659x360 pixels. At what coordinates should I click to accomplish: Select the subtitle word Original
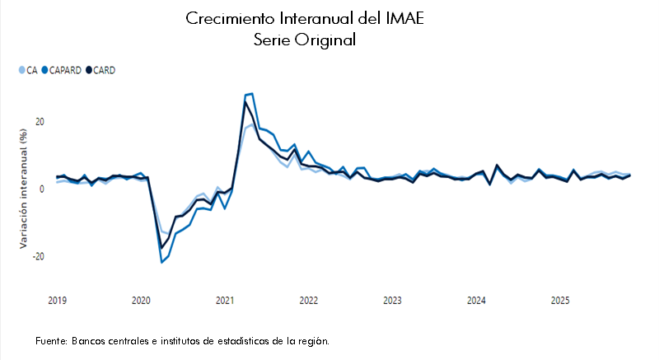(326, 40)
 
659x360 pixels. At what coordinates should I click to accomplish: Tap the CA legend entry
(30, 70)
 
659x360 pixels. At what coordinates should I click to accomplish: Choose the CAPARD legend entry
(65, 70)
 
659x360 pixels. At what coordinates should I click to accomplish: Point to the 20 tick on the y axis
(40, 122)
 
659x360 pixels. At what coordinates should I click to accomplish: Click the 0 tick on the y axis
(42, 189)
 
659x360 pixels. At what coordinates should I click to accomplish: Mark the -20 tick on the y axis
(38, 256)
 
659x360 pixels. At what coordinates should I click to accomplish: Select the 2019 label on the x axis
(57, 301)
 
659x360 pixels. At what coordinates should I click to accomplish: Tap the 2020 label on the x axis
(141, 301)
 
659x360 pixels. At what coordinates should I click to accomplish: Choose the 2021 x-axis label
(225, 301)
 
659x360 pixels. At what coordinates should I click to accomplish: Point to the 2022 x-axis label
(309, 301)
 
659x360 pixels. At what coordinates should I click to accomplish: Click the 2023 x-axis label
(392, 301)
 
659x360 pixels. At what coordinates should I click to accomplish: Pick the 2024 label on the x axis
(476, 301)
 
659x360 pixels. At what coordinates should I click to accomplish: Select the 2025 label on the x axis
(560, 301)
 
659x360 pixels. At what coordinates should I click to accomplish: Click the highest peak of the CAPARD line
(251, 94)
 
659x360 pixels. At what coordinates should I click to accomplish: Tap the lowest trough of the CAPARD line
(161, 262)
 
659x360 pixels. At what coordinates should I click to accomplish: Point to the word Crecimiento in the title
(226, 18)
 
